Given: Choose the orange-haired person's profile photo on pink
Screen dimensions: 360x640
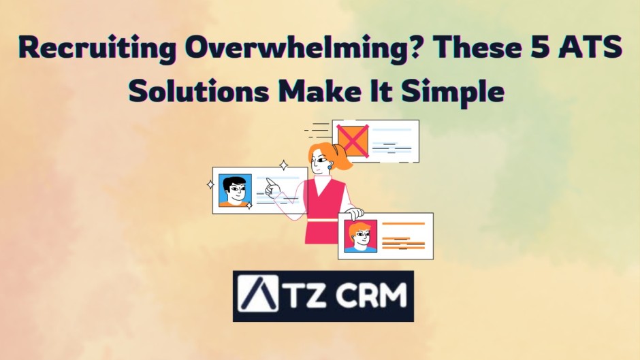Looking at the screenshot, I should (360, 235).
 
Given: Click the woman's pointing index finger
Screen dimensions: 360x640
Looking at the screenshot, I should (270, 182).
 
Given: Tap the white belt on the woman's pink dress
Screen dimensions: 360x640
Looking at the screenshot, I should (323, 219).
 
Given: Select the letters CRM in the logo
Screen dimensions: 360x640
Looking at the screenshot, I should (372, 296).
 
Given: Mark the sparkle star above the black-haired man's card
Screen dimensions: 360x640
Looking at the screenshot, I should (283, 165).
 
